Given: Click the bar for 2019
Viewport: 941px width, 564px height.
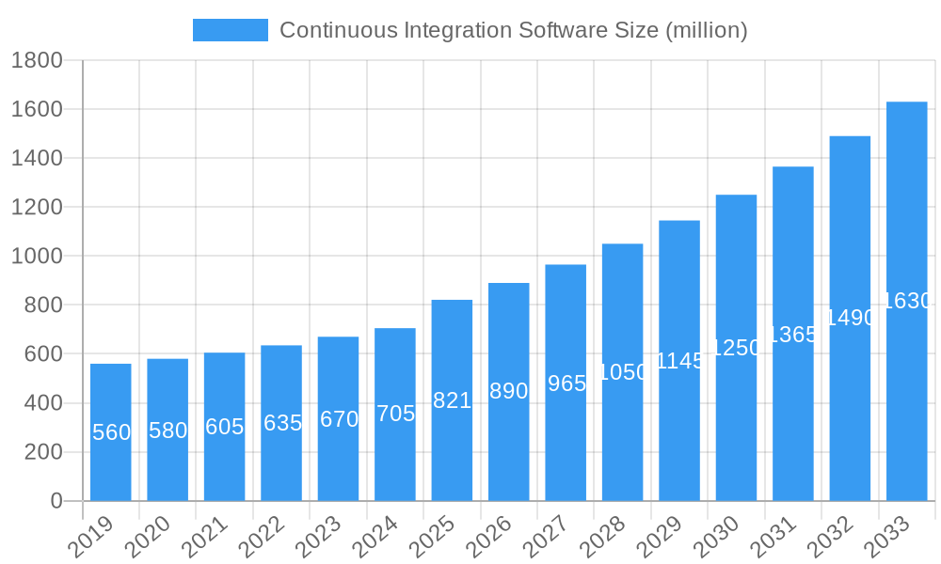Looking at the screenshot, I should (111, 432).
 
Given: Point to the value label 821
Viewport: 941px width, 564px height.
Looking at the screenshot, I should (452, 400).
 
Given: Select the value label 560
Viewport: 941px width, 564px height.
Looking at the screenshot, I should (111, 432).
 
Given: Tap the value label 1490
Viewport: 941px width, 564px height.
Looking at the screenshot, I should (850, 318).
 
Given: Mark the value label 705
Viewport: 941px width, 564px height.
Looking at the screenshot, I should (395, 414).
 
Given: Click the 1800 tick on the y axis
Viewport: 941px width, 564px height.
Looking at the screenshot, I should (37, 61).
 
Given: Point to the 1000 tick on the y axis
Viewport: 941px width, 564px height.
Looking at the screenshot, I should (37, 257).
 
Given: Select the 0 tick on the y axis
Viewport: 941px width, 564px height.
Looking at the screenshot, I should (56, 501).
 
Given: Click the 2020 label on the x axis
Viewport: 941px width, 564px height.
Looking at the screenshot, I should (148, 537).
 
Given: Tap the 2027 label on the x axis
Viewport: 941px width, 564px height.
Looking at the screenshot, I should (546, 537).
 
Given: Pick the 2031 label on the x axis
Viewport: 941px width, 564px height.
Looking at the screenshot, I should (774, 537).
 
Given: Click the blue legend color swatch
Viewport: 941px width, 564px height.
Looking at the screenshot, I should (231, 30).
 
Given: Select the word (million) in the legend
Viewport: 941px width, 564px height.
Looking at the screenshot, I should (706, 30).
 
